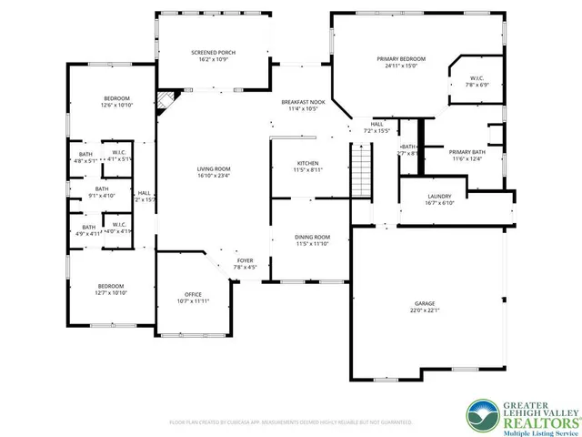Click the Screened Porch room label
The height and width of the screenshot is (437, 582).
tap(214, 57)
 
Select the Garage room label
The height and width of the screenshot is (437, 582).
tap(425, 306)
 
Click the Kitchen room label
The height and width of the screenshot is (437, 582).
tap(307, 165)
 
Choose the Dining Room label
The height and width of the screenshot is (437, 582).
tap(312, 239)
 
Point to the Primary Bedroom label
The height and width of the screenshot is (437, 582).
tap(401, 61)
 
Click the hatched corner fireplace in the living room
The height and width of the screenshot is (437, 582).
tap(165, 98)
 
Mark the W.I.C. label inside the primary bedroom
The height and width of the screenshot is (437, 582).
tap(477, 81)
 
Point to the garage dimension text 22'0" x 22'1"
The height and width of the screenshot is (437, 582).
tap(425, 310)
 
